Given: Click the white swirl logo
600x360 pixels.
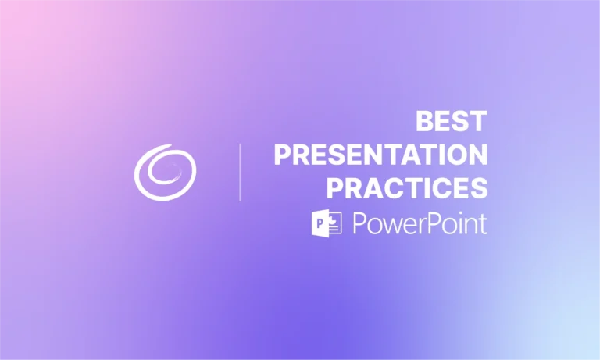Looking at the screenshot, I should (165, 172).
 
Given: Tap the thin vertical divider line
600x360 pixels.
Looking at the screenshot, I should (240, 172).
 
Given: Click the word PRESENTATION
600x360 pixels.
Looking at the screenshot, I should (380, 155).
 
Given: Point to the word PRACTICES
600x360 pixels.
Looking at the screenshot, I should (406, 188).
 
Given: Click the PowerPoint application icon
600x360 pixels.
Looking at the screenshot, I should (327, 223).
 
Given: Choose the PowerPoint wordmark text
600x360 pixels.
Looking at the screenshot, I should (419, 224).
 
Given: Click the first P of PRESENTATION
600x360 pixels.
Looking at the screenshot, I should (282, 155).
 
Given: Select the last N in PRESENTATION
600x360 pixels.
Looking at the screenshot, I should (478, 155).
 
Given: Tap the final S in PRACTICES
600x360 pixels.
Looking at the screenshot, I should (479, 188).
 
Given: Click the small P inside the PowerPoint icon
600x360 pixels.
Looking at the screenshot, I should (320, 224).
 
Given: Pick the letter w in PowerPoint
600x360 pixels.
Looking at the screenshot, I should (387, 226).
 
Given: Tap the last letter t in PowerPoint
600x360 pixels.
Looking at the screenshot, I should (482, 225).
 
